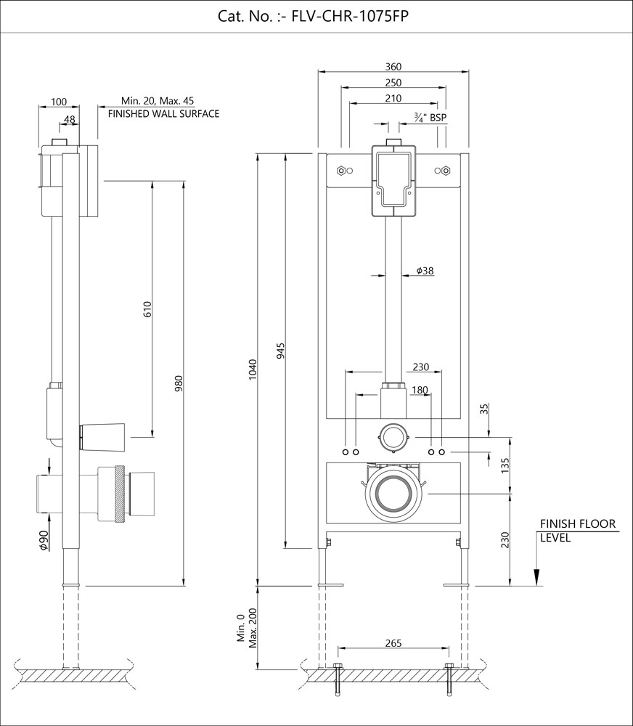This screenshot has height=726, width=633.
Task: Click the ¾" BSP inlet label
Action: tap(430, 117)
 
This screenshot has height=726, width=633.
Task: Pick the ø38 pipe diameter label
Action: tap(425, 271)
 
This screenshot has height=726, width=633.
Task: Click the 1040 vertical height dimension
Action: tap(252, 370)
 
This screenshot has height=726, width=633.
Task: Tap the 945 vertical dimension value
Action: tap(280, 351)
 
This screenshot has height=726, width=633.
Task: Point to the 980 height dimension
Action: tap(179, 383)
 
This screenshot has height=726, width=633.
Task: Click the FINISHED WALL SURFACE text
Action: tap(163, 114)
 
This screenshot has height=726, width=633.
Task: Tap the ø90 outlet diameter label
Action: tap(43, 541)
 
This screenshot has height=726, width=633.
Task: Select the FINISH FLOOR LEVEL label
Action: tap(577, 531)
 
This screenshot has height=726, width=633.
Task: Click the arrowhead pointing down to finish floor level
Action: tap(536, 576)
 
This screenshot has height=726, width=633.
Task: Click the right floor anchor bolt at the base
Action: tap(449, 679)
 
